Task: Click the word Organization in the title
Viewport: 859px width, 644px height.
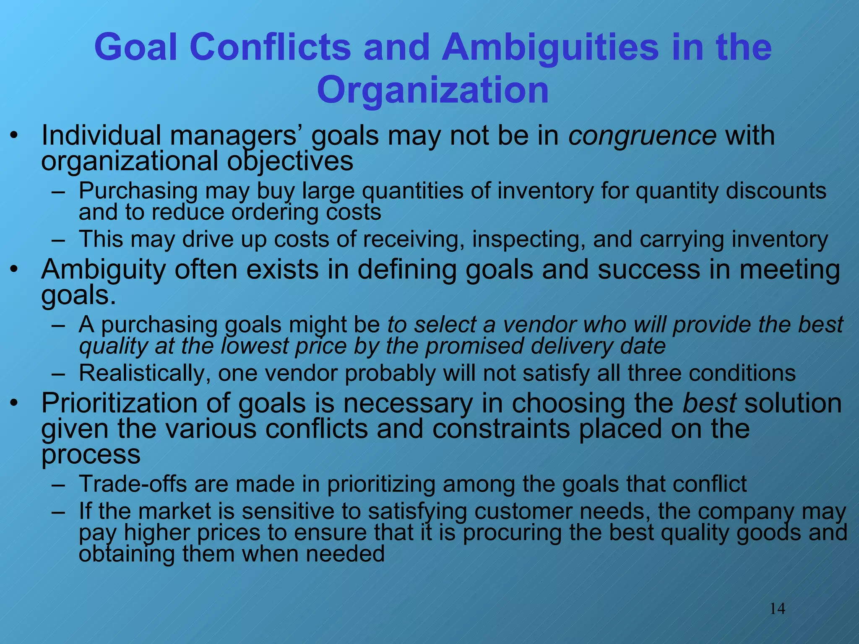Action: tap(433, 90)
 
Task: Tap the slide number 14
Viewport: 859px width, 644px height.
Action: tap(777, 608)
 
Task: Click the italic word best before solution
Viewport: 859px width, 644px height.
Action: tap(709, 403)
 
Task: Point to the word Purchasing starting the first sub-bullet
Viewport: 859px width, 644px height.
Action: tap(138, 192)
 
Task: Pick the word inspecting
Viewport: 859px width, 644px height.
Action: tap(528, 239)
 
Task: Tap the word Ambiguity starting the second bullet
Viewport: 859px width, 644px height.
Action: tap(103, 270)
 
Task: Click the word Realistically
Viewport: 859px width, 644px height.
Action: tap(144, 373)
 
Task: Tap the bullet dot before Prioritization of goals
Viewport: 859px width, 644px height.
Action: tap(15, 403)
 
